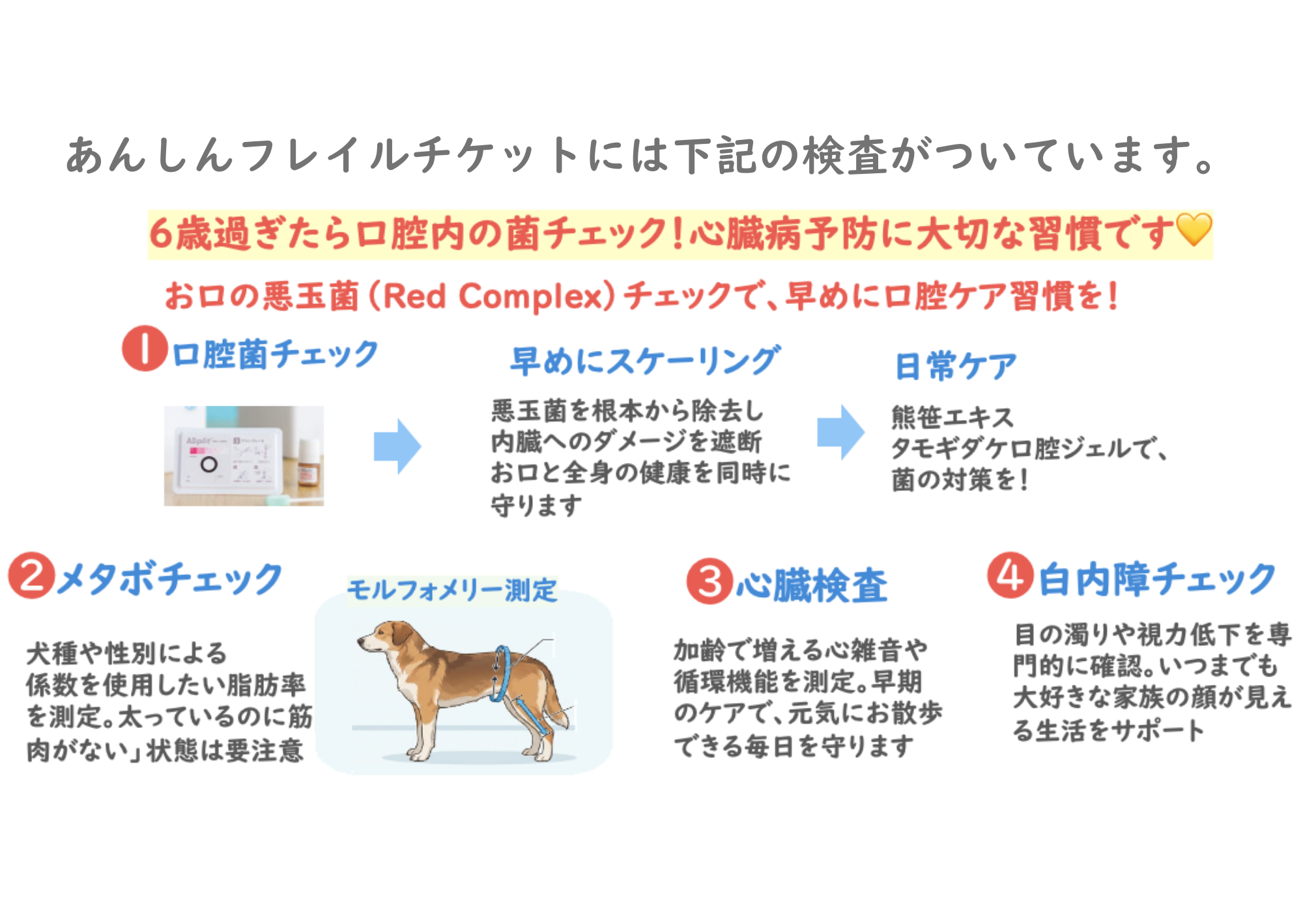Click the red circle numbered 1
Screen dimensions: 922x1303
[x=145, y=348]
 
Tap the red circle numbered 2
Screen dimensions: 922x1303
[x=31, y=575]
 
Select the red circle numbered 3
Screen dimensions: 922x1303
[x=709, y=581]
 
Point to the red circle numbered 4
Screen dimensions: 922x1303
[x=1010, y=575]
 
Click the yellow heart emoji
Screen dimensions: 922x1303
[x=1194, y=230]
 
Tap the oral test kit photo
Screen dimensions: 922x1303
[x=244, y=456]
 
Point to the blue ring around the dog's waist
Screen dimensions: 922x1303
[x=500, y=673]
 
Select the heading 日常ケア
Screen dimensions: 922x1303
[x=955, y=366]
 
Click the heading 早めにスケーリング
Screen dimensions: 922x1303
[x=645, y=361]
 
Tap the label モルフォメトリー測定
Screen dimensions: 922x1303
[x=452, y=591]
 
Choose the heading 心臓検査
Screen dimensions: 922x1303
[x=812, y=584]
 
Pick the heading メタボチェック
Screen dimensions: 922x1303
[x=169, y=578]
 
